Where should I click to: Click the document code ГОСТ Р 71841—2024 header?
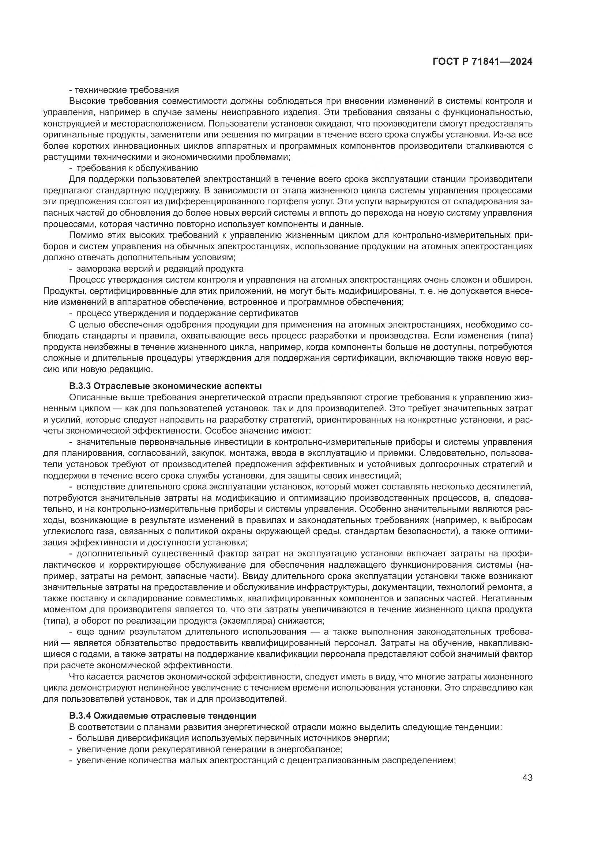[x=482, y=62]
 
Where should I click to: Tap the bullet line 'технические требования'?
[x=124, y=90]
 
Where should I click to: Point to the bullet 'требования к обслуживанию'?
[x=134, y=168]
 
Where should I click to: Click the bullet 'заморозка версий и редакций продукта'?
[x=157, y=269]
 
